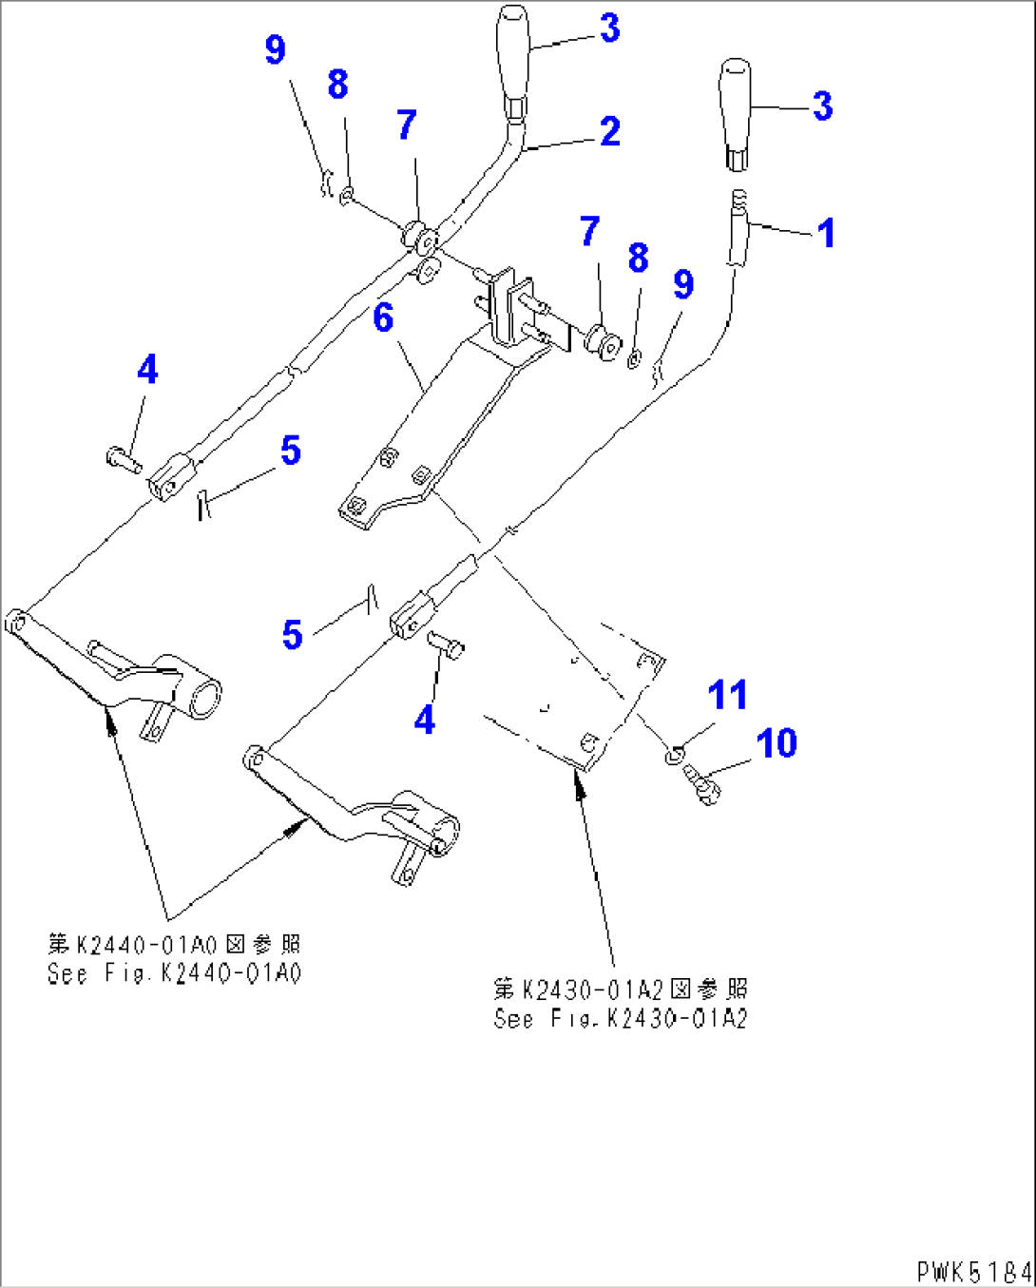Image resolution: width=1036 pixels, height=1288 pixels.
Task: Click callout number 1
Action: [x=826, y=233]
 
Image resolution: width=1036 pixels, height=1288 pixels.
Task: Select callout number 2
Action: [x=609, y=131]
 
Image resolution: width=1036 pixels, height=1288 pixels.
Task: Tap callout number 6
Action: [x=383, y=317]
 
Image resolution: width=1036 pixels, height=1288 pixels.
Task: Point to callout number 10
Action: [x=777, y=743]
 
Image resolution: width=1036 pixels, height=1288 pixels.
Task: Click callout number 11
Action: [x=727, y=695]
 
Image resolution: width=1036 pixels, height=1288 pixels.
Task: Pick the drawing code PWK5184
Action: [x=973, y=1271]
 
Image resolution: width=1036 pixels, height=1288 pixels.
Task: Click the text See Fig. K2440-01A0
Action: [x=174, y=974]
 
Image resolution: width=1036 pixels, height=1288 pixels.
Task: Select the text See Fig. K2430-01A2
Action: [x=621, y=1019]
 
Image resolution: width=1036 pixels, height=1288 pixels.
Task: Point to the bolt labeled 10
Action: [x=703, y=785]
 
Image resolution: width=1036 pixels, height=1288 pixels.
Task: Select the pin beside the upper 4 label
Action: [x=124, y=460]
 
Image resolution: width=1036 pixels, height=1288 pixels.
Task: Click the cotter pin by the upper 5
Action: [x=201, y=504]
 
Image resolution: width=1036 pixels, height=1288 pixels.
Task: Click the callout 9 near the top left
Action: [x=275, y=49]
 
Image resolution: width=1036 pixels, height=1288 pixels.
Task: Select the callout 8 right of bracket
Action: [x=638, y=258]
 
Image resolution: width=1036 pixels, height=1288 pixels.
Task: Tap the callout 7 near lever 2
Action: [x=406, y=125]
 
